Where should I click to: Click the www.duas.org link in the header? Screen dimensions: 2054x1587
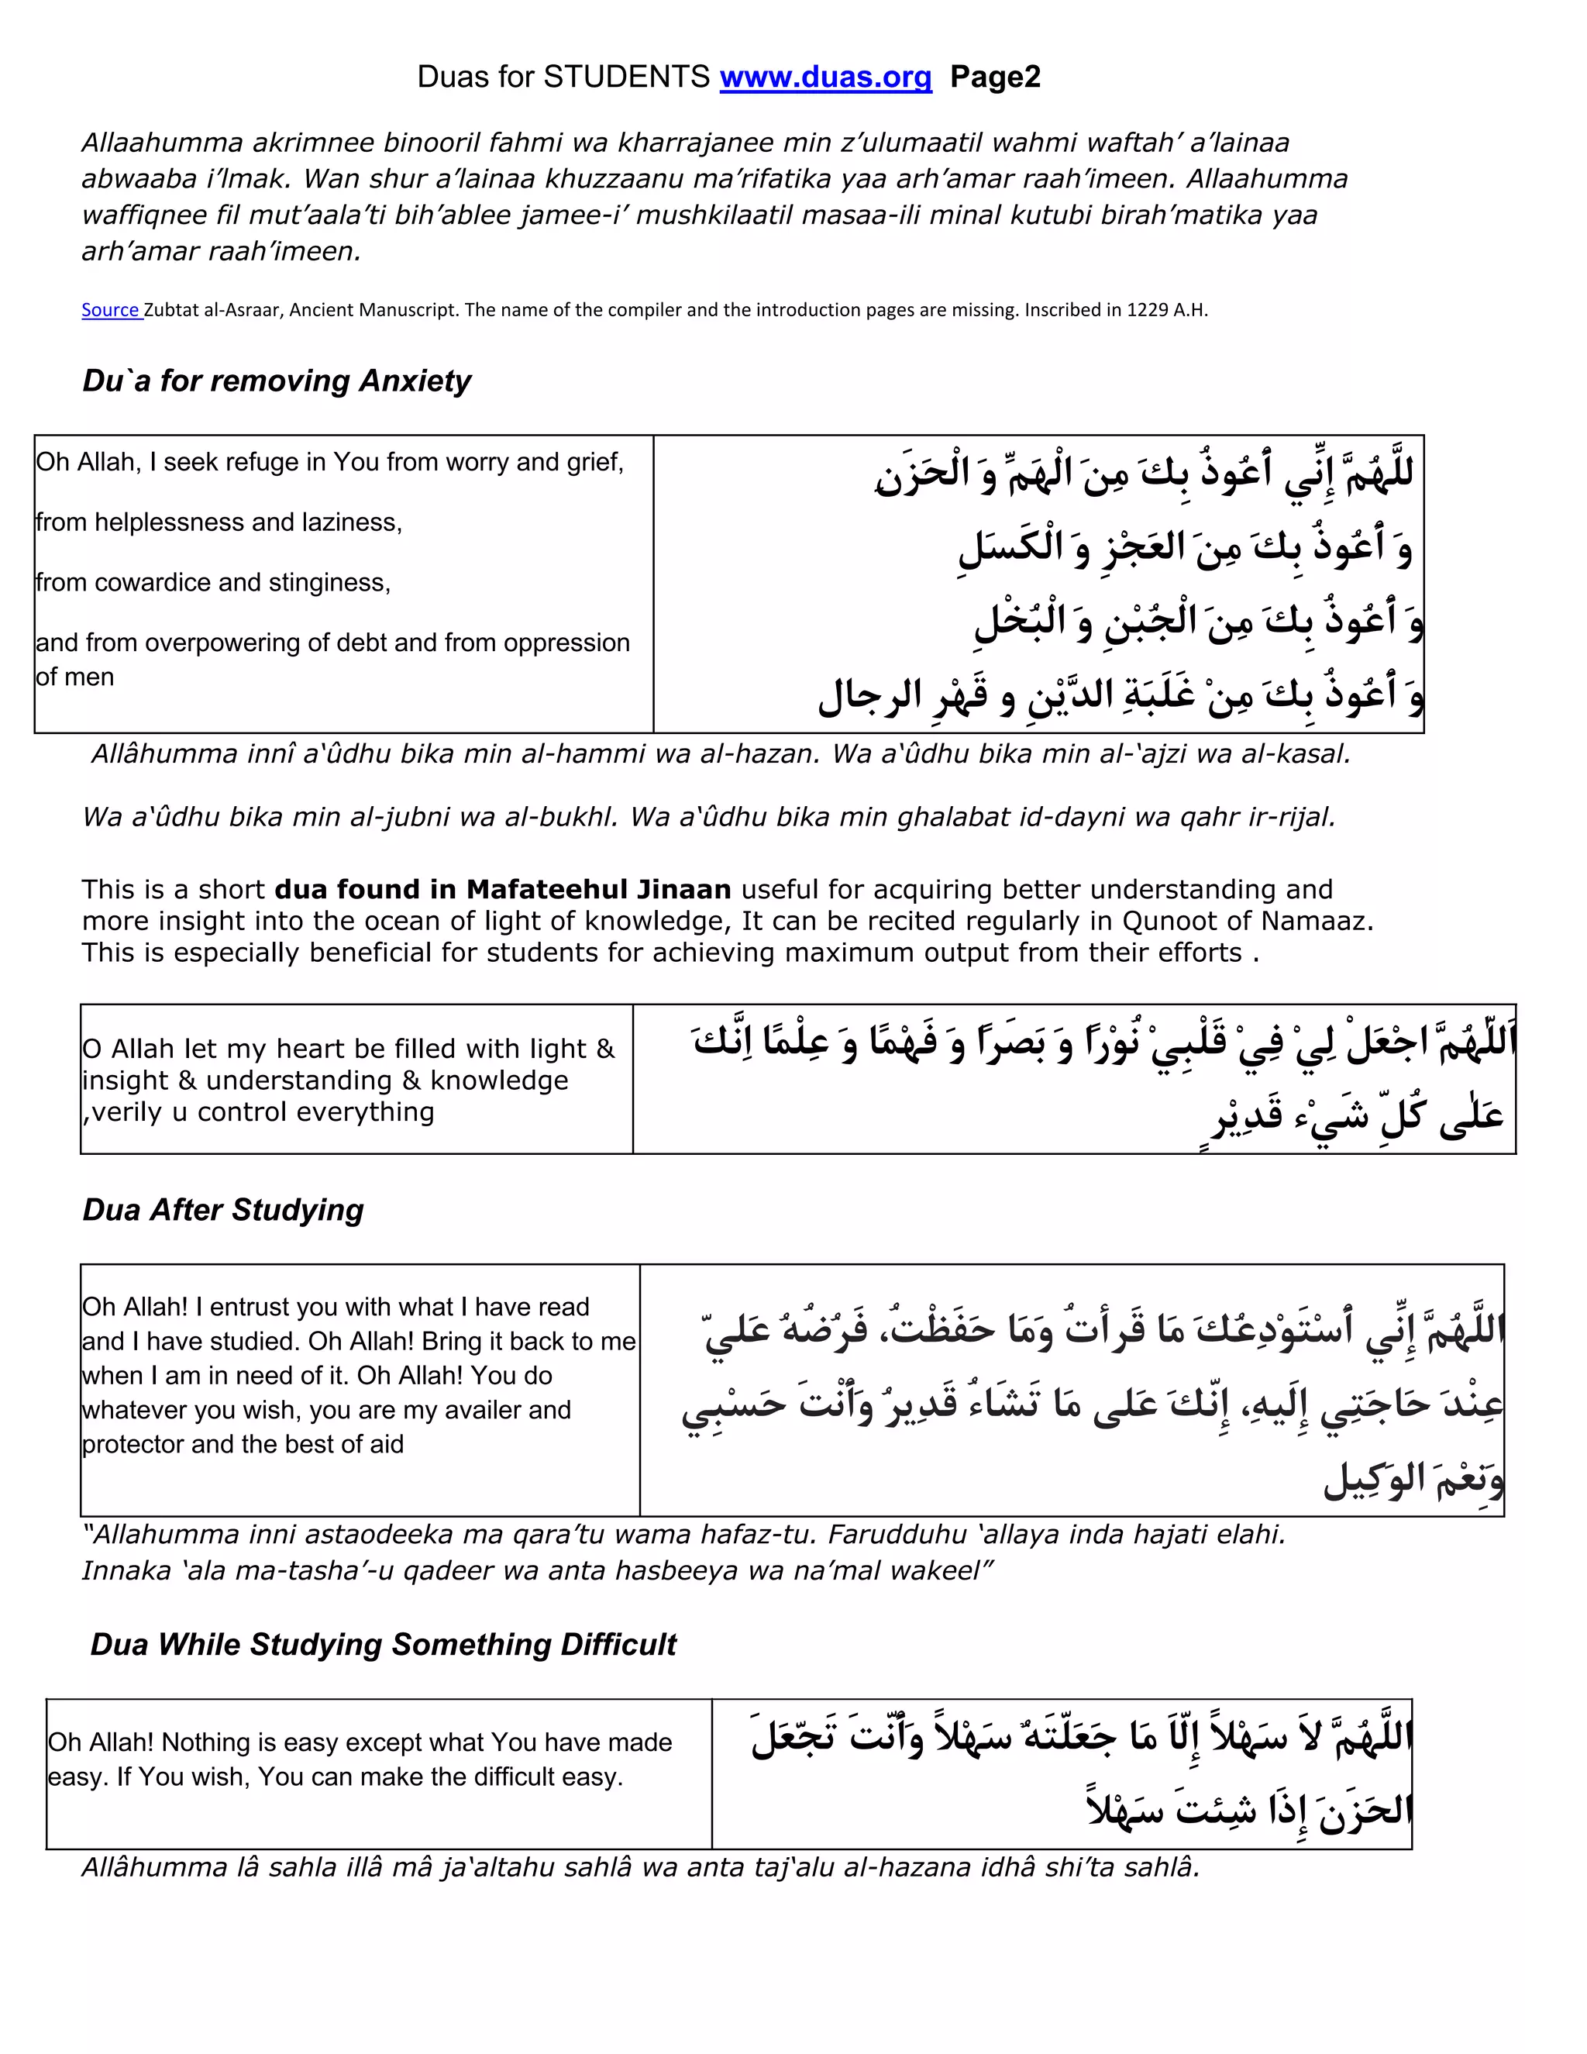tap(824, 77)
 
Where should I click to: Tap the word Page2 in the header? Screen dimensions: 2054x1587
tap(995, 77)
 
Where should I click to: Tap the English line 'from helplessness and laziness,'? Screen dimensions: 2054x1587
tap(219, 523)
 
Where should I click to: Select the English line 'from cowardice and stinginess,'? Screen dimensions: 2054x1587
tap(213, 583)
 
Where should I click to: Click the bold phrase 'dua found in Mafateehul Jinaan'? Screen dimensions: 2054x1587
tap(502, 890)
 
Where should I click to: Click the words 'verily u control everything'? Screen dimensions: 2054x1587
tap(263, 1111)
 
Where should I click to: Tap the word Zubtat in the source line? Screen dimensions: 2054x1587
tap(172, 310)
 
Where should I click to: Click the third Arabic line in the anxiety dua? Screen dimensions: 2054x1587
tap(1199, 622)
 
